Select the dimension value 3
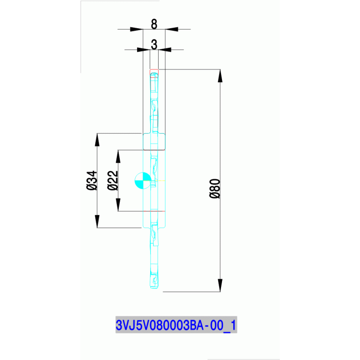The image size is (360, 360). pyautogui.click(x=154, y=44)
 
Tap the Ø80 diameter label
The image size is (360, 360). pyautogui.click(x=214, y=189)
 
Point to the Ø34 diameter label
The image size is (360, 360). pyautogui.click(x=92, y=180)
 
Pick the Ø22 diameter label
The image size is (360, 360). pyautogui.click(x=113, y=181)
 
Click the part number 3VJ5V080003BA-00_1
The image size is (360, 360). pyautogui.click(x=176, y=325)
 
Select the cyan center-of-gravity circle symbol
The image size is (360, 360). pyautogui.click(x=142, y=180)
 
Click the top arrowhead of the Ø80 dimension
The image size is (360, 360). pyautogui.click(x=220, y=75)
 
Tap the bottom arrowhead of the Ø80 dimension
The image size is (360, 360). pyautogui.click(x=220, y=285)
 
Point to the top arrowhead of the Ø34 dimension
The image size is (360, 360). pyautogui.click(x=97, y=139)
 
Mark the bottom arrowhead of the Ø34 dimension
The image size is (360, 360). pyautogui.click(x=97, y=222)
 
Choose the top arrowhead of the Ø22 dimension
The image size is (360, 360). pyautogui.click(x=118, y=156)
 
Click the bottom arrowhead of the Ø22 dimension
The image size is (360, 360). pyautogui.click(x=118, y=205)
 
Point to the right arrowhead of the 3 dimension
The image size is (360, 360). pyautogui.click(x=164, y=49)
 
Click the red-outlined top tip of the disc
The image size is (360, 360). pyautogui.click(x=154, y=71)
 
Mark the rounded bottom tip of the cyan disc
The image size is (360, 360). pyautogui.click(x=154, y=287)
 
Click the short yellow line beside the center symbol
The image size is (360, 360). pyautogui.click(x=161, y=181)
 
